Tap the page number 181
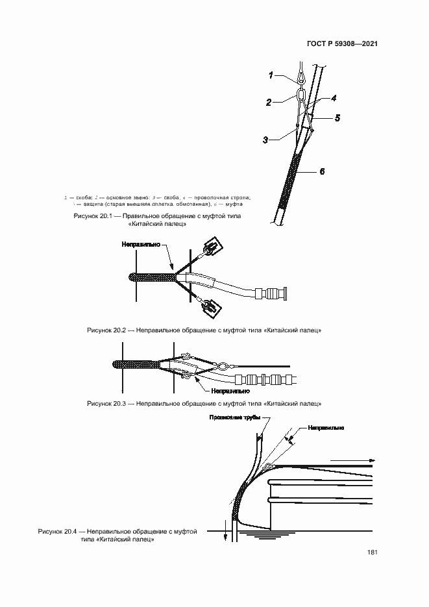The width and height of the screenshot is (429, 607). coord(372,552)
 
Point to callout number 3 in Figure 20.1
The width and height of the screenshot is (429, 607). coord(266,140)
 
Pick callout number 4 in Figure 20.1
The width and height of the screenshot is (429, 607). coord(333,99)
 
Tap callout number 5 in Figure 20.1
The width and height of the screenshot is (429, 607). coord(337,118)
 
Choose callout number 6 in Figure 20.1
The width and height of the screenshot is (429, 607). coord(321,171)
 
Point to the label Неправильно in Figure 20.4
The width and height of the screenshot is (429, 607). coord(326,428)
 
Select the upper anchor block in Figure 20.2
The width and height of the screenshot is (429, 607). coord(212,247)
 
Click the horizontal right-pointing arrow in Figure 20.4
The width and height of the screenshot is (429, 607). coord(351,461)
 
